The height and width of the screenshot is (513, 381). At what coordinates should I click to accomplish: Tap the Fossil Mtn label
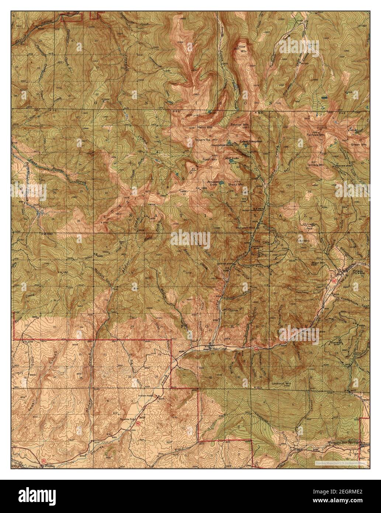tap(209, 159)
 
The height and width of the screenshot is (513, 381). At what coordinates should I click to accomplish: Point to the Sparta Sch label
tap(127, 419)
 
